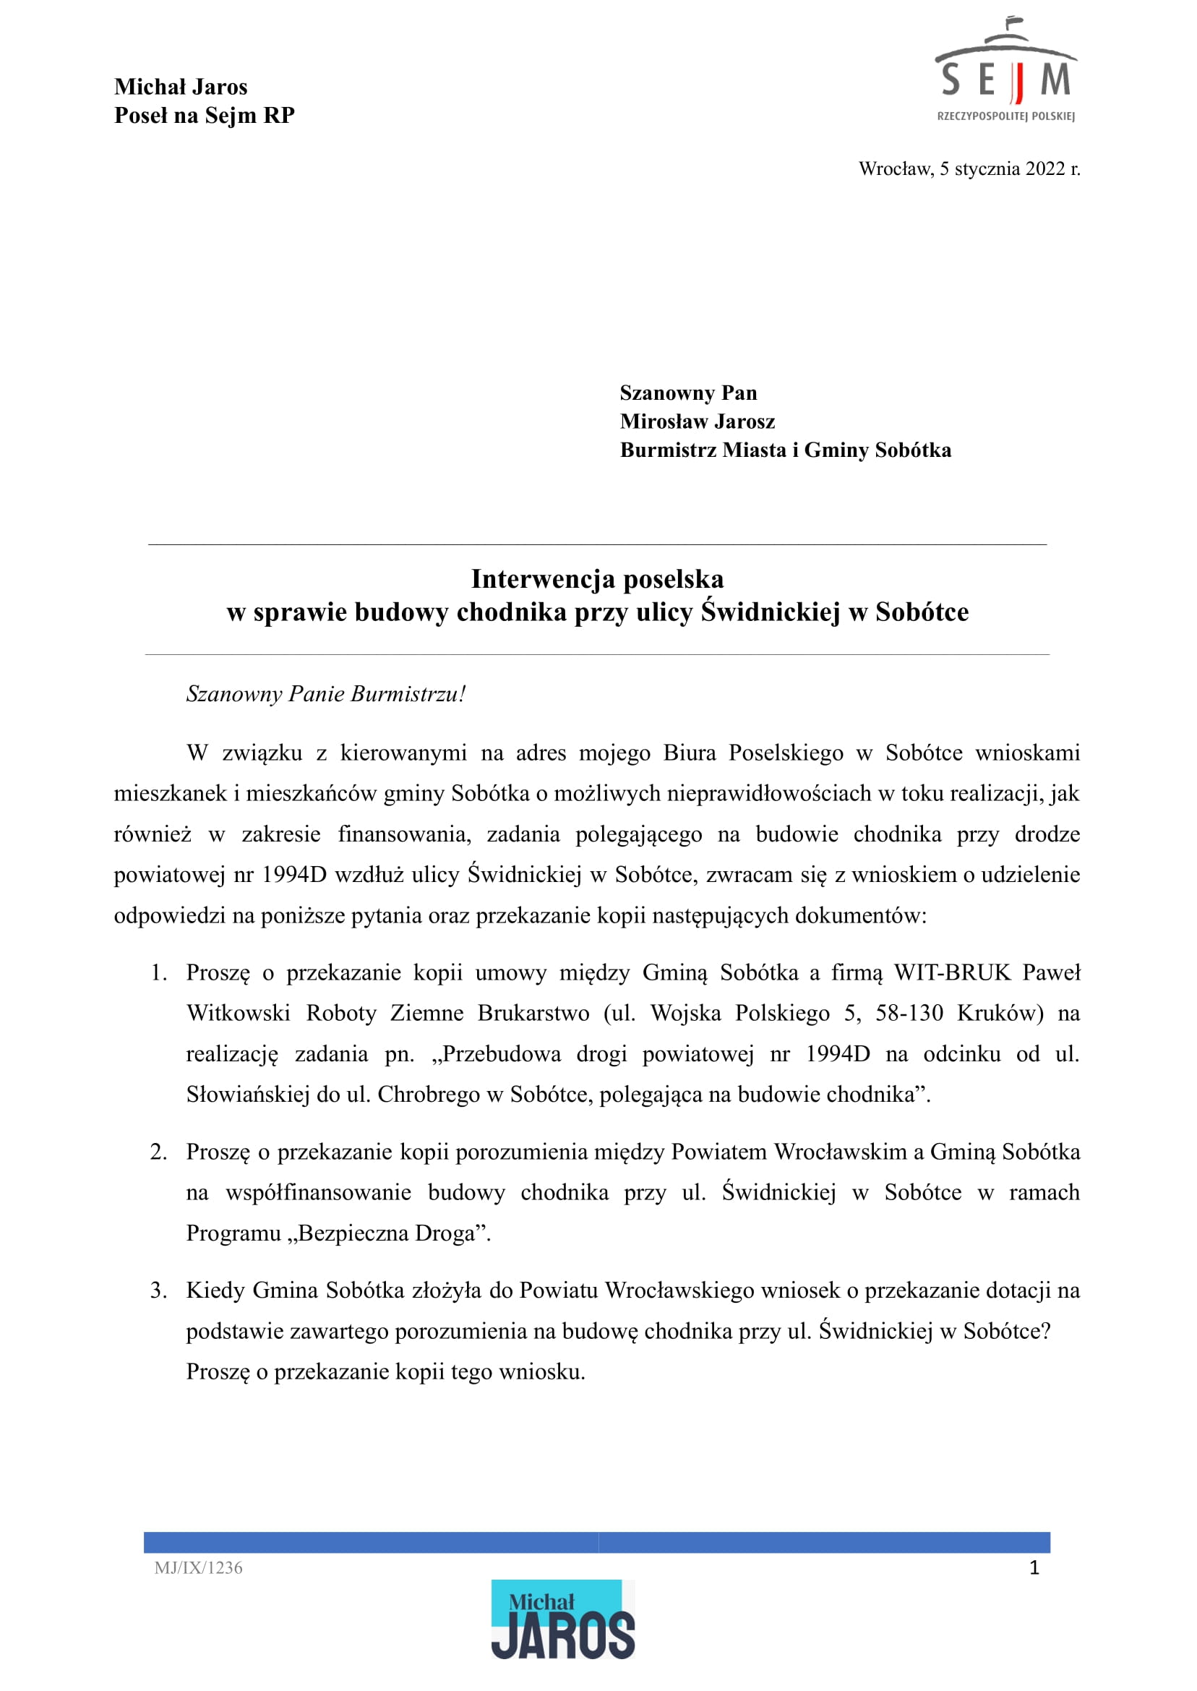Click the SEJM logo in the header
[x=1005, y=71]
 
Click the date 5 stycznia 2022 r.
[x=1009, y=168]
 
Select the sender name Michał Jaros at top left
[x=181, y=87]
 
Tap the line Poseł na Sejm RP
[x=204, y=116]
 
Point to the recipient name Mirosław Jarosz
[x=698, y=421]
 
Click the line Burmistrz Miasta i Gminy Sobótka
[x=785, y=450]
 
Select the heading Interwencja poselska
[x=597, y=578]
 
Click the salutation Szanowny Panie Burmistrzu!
[x=326, y=693]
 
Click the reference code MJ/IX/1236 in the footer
[x=198, y=1568]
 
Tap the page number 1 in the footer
[x=1034, y=1568]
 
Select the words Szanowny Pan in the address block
[x=687, y=393]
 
